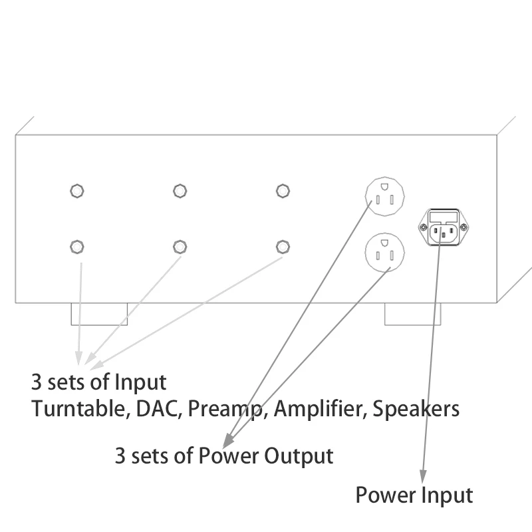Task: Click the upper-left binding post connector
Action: click(76, 192)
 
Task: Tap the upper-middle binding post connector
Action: click(180, 192)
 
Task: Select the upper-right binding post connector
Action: click(283, 192)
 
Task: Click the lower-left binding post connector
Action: click(76, 247)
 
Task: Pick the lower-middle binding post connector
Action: click(180, 247)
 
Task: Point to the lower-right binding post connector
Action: click(283, 247)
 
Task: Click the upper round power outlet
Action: click(384, 196)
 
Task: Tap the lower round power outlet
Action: click(384, 252)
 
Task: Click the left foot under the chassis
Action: click(99, 315)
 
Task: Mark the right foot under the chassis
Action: click(413, 315)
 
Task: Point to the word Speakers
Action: click(416, 408)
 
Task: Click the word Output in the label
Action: click(299, 456)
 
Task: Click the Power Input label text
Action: click(414, 495)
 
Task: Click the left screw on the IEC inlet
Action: click(422, 227)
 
